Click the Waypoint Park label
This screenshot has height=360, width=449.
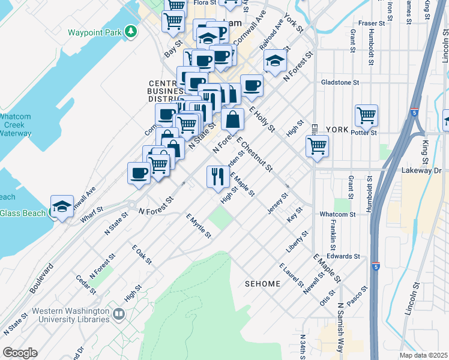click(95, 32)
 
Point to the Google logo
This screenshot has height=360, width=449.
click(19, 353)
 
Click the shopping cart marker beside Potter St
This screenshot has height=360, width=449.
click(366, 114)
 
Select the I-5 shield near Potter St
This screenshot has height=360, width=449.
click(415, 112)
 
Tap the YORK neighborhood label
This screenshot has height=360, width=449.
click(337, 130)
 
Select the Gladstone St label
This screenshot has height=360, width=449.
click(340, 82)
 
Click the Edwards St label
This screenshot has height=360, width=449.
click(343, 256)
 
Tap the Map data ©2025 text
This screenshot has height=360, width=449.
click(424, 355)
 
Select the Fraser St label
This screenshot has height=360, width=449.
click(371, 23)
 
